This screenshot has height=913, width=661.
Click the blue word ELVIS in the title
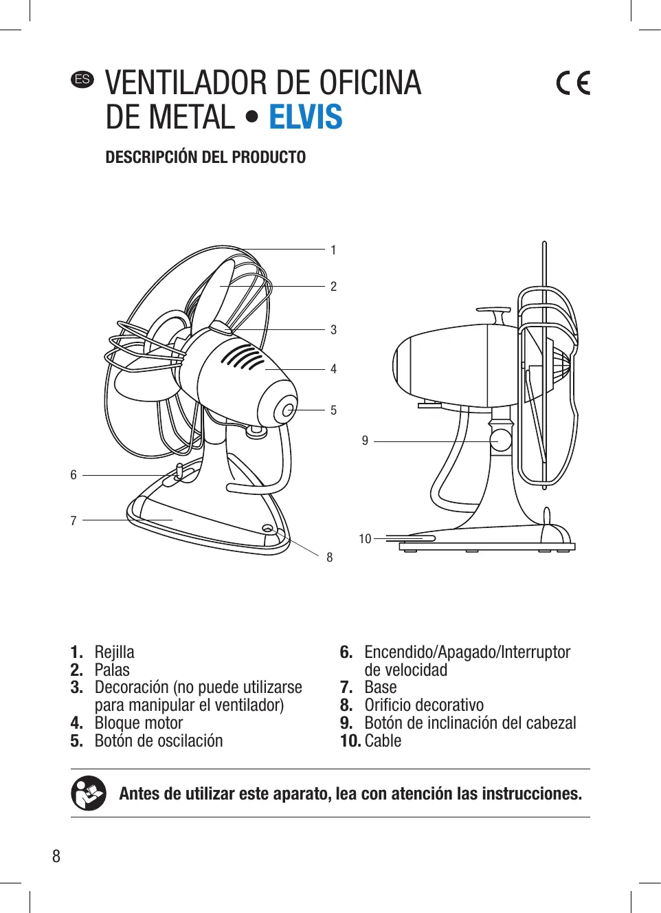(x=305, y=117)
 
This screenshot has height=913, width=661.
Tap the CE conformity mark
(x=573, y=83)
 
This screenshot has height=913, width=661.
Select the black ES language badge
(x=82, y=79)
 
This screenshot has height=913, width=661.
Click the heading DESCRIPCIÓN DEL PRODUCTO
(x=205, y=157)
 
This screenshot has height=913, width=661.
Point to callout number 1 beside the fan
(x=333, y=250)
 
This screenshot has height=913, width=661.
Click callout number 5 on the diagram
(x=333, y=410)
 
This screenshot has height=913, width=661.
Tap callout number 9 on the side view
(x=365, y=441)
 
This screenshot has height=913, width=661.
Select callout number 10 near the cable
(x=365, y=539)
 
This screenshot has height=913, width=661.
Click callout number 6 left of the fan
(x=74, y=475)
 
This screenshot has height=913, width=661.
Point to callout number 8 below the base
(x=330, y=558)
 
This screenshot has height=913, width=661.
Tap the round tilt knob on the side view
(x=501, y=440)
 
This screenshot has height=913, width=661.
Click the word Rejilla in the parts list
(x=114, y=652)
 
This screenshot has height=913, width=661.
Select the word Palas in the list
(x=112, y=670)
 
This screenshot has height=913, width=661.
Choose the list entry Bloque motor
(x=139, y=723)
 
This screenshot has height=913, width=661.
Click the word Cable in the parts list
(x=383, y=741)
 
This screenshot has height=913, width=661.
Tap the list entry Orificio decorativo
(x=424, y=705)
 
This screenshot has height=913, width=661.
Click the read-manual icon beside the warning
(x=89, y=793)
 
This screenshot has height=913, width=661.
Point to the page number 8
(x=56, y=857)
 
